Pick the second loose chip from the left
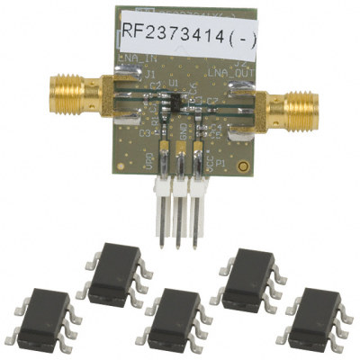point(115,272)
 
